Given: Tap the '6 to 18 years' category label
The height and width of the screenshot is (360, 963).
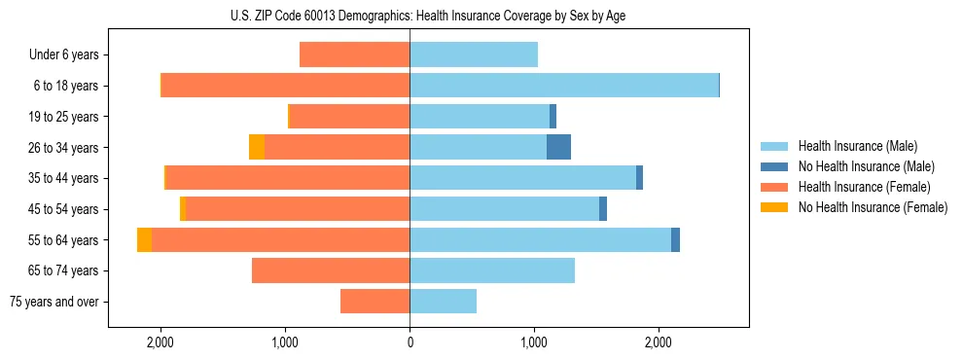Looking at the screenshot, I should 65,86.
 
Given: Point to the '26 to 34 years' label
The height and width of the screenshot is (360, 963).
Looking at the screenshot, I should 63,148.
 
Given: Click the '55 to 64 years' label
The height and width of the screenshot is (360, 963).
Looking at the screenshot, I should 63,240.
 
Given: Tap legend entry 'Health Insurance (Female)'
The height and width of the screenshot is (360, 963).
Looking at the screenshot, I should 864,187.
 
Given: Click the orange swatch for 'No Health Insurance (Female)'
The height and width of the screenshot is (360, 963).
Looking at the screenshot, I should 774,207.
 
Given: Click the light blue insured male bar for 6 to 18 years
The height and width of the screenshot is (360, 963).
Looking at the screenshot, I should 564,86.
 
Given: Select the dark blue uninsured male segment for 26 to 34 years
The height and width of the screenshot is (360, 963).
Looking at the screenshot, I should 558,148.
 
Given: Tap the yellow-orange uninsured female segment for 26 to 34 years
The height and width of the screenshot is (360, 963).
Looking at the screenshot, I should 257,148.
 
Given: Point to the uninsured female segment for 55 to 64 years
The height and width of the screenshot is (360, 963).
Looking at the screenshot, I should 144,240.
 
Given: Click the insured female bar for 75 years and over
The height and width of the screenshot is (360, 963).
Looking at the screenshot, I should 374,302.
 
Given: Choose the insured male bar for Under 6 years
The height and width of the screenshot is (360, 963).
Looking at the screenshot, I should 474,55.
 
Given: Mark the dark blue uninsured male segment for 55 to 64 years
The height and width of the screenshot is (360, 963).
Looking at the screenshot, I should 675,240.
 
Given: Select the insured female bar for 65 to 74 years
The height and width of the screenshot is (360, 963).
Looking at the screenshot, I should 331,270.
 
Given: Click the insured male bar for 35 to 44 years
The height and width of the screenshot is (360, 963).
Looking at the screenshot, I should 522,178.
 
